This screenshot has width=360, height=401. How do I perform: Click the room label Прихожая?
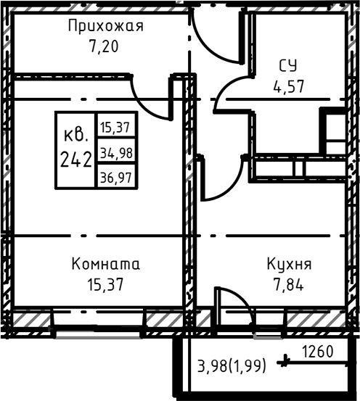[105, 27]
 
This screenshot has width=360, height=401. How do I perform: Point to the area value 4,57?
[289, 86]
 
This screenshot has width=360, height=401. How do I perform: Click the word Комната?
[105, 264]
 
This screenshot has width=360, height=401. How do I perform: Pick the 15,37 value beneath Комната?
[105, 284]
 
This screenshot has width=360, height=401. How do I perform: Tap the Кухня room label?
[289, 264]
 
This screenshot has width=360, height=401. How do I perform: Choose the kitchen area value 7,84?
[289, 284]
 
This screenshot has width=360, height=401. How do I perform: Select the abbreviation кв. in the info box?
[75, 135]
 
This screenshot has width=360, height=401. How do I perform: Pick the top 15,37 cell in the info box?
[115, 127]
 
